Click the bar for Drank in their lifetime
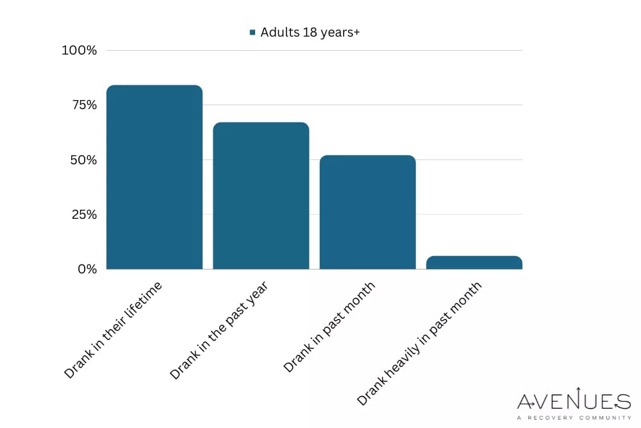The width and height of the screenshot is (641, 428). [154, 177]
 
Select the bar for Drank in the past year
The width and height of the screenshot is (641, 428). [261, 196]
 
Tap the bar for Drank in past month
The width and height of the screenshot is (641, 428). [367, 212]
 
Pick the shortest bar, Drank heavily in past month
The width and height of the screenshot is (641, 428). [474, 262]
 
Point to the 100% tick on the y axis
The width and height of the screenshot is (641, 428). [79, 50]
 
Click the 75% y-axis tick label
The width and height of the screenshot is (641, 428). [83, 105]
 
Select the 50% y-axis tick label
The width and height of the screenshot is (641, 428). [83, 160]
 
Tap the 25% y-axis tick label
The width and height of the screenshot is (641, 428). [83, 214]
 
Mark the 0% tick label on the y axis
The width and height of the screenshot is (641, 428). [87, 269]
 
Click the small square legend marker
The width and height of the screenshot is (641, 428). [253, 33]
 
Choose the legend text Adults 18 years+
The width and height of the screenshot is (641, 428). [310, 33]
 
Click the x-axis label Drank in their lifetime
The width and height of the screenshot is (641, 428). [113, 329]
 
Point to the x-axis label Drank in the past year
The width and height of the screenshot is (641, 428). [219, 329]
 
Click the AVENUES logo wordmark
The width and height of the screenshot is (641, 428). [574, 402]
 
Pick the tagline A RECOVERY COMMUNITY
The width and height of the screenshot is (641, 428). [574, 418]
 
